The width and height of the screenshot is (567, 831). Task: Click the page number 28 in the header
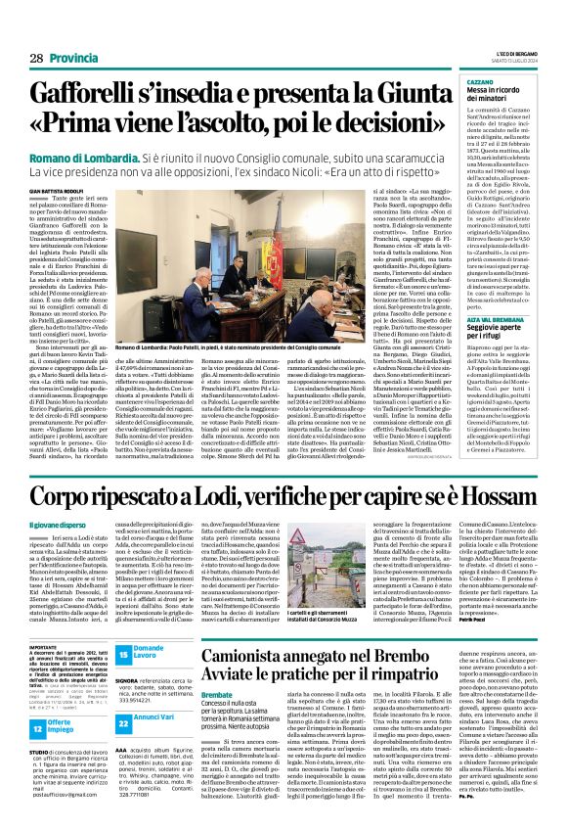[x=36, y=58]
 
